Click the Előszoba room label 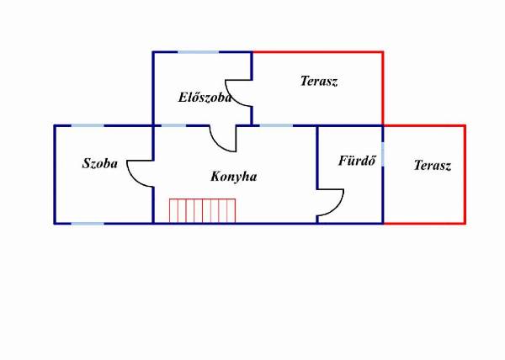pos(205,98)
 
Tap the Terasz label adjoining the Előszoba pos(319,81)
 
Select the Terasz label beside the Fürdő pos(433,165)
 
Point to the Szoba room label pos(100,163)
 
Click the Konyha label pos(234,177)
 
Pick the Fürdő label pos(357,160)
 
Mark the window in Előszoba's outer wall pos(198,52)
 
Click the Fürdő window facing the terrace pos(383,154)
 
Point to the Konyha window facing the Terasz pos(276,125)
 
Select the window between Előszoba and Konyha pos(173,125)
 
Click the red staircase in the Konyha pos(202,211)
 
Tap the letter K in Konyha pos(215,176)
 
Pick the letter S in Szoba pos(86,163)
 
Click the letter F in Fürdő pos(343,160)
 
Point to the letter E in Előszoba pos(183,98)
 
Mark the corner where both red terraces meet pos(383,125)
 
